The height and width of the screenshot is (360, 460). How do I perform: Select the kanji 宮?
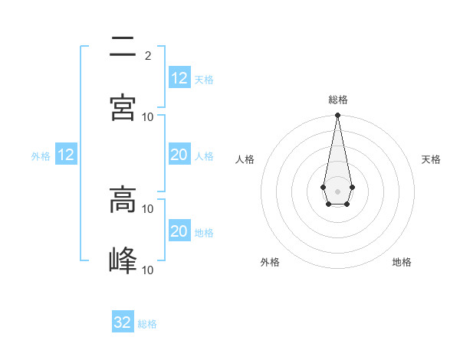click(123, 108)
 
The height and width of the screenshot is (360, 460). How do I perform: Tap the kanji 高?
click(123, 201)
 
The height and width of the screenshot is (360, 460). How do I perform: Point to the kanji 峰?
click(123, 260)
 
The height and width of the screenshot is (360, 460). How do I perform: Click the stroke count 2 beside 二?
click(148, 55)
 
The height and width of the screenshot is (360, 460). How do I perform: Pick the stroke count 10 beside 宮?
click(148, 116)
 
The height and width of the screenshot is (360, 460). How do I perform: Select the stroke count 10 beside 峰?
click(148, 270)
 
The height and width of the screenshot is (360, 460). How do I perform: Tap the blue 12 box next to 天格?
click(179, 78)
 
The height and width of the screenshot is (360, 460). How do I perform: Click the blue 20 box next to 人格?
click(179, 155)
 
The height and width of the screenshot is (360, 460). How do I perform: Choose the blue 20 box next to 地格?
click(179, 231)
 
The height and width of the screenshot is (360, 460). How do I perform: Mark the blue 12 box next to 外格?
click(66, 155)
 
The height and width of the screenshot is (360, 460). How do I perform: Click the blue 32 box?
click(123, 322)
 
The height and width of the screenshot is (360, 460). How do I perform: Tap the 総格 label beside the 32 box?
click(147, 324)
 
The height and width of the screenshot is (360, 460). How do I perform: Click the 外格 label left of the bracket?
click(41, 156)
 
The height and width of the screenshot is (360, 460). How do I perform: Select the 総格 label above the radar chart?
click(338, 100)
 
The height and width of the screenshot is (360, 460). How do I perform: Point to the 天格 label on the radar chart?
click(431, 159)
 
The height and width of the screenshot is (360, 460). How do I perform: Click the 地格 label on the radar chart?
click(402, 262)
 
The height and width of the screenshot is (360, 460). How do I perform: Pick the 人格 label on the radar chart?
click(245, 159)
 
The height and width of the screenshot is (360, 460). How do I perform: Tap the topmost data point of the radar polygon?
click(337, 115)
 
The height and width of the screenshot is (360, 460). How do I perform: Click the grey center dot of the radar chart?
click(337, 190)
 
